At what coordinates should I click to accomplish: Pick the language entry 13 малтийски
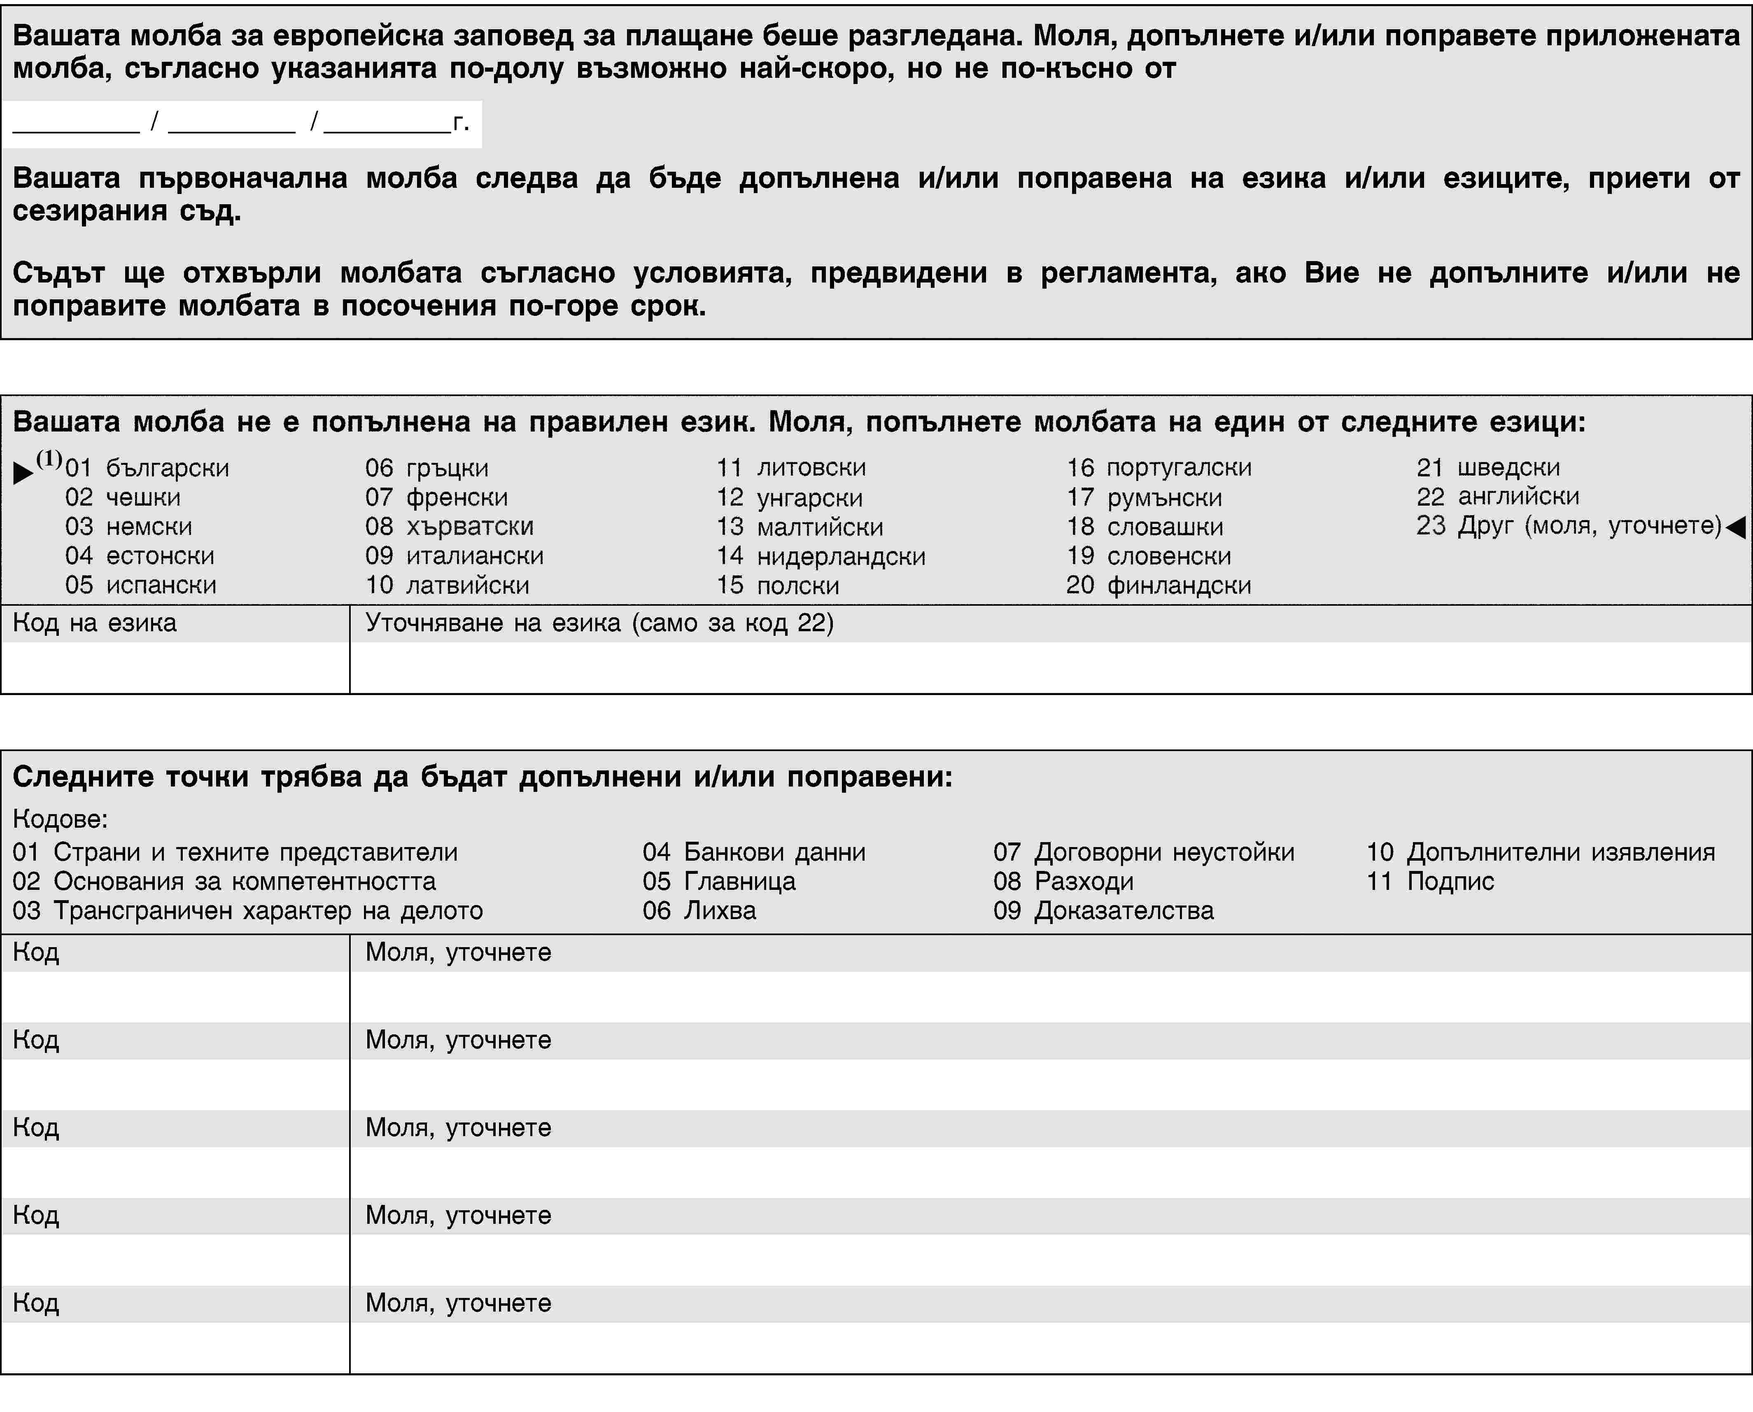point(799,527)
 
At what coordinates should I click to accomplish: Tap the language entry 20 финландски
point(1159,586)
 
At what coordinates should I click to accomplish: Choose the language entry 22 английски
point(1498,496)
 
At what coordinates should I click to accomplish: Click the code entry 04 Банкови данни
point(754,852)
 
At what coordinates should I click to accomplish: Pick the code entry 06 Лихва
point(699,911)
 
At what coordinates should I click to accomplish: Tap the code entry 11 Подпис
point(1430,882)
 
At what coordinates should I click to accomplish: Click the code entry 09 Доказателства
point(1103,911)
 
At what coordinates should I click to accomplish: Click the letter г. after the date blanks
point(461,123)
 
